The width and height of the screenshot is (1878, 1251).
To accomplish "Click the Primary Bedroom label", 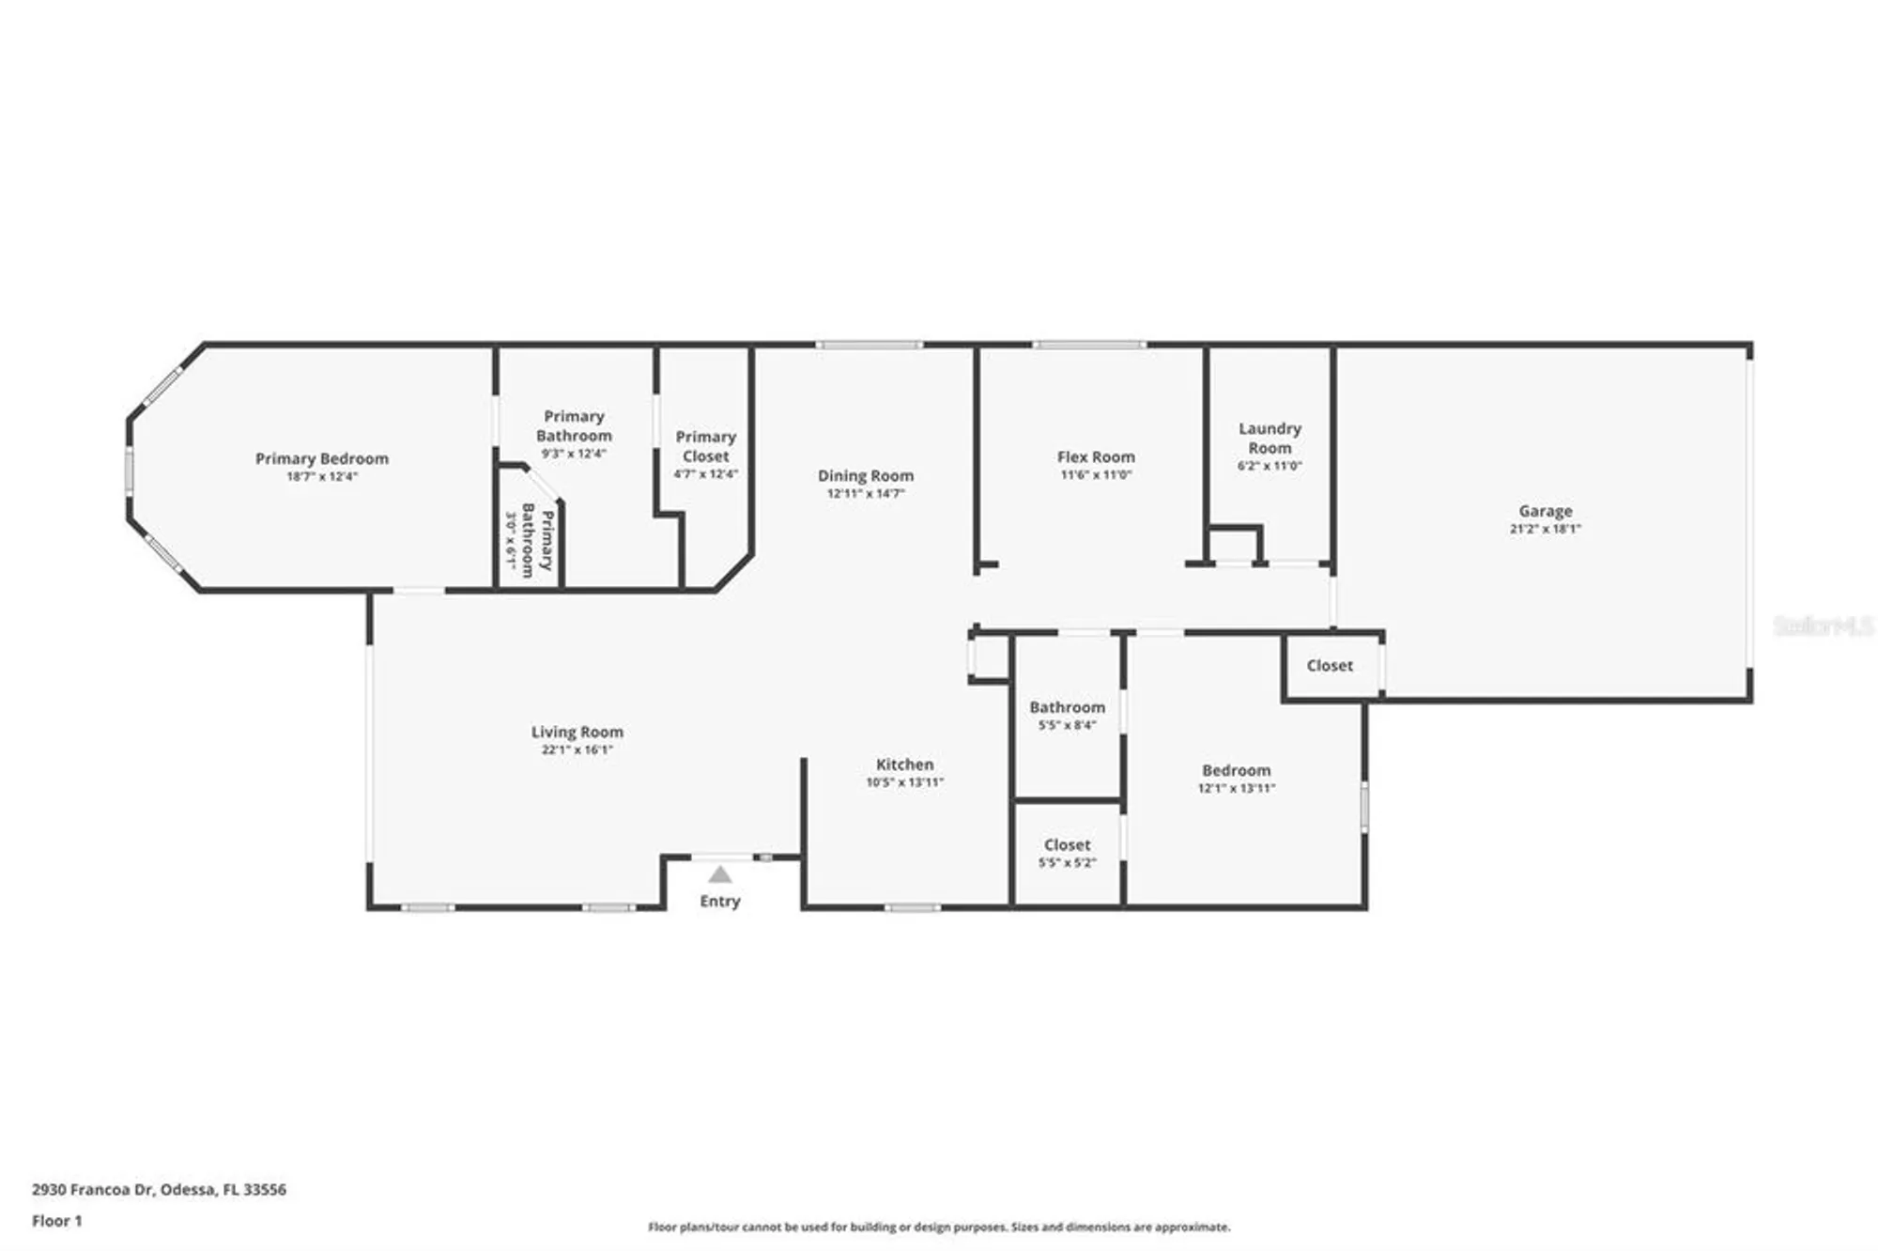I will point(321,458).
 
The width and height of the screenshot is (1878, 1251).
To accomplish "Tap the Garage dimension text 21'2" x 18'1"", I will point(1545,529).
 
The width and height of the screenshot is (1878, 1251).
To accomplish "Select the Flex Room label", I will point(1096,456).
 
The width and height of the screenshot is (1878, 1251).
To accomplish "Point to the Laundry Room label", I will point(1270,438).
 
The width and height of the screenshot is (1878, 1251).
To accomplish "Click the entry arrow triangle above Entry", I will point(719,875).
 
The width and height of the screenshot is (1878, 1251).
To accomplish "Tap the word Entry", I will point(719,901).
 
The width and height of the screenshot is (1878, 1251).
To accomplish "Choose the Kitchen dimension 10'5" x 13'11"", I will point(904,782).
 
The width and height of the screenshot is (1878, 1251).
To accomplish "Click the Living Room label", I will point(577,732).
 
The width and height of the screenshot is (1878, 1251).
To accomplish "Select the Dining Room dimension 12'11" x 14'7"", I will point(865,494).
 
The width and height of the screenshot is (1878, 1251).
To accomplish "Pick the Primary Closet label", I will point(705,446).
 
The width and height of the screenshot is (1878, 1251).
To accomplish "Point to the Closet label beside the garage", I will point(1330,665).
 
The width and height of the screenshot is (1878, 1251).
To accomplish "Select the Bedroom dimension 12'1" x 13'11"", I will point(1236,789).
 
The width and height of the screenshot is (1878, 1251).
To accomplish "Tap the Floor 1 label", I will point(56,1221).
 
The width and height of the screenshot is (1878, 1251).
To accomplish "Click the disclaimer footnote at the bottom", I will point(939,1227).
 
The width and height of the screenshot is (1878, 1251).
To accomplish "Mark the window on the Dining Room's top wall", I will point(869,346).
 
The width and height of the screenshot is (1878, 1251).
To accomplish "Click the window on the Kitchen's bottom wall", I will point(912,907).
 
